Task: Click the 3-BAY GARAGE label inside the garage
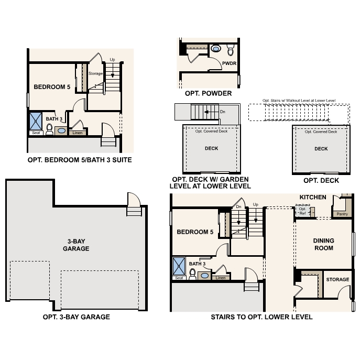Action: tap(75, 245)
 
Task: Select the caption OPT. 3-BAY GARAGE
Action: tap(77, 317)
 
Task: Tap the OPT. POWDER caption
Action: tap(208, 93)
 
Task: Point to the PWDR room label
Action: tap(229, 63)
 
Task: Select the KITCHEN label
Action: tap(313, 197)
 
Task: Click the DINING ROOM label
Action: tap(323, 244)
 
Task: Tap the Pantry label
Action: tap(342, 214)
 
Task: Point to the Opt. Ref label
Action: tap(302, 211)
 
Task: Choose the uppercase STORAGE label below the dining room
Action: tap(337, 279)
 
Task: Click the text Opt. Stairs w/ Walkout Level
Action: tap(299, 100)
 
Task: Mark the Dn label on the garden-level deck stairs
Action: tap(222, 112)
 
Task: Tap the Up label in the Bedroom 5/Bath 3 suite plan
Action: tap(112, 60)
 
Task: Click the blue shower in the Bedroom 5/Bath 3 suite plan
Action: tap(36, 121)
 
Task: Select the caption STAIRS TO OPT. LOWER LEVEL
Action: tap(261, 317)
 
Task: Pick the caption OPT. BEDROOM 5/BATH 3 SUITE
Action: tap(79, 159)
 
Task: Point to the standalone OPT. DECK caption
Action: tap(321, 180)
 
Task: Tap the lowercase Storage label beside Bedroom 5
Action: tap(95, 73)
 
